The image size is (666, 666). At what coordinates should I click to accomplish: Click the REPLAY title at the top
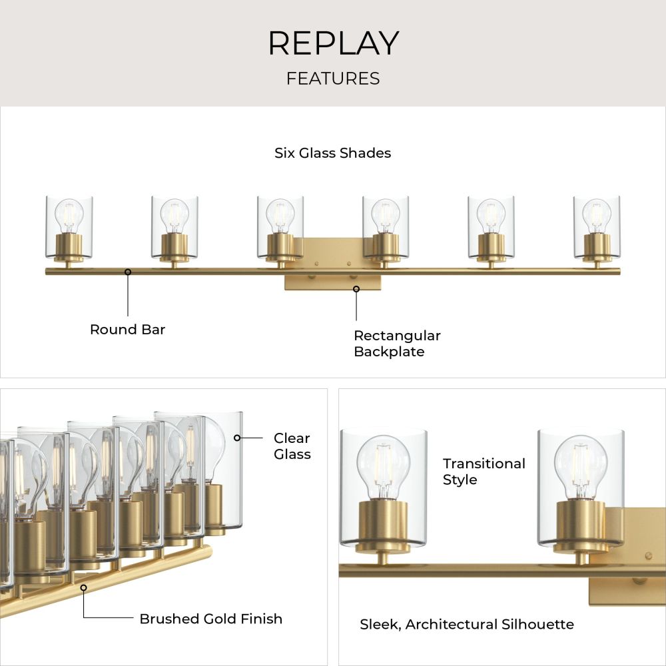[x=334, y=43]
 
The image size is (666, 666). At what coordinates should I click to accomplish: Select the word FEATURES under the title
[x=333, y=79]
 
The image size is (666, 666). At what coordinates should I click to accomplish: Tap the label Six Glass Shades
[x=332, y=153]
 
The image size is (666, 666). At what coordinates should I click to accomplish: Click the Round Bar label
[x=127, y=329]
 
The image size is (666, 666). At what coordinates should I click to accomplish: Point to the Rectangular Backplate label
[x=397, y=344]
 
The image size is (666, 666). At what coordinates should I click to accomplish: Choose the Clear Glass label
[x=292, y=446]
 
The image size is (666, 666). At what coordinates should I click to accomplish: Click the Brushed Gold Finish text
[x=210, y=619]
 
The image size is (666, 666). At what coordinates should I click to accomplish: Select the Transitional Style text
[x=484, y=472]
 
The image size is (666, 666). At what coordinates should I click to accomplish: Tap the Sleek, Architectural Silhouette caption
[x=467, y=625]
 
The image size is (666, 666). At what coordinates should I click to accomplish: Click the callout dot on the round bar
[x=128, y=272]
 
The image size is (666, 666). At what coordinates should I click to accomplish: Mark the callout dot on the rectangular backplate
[x=356, y=289]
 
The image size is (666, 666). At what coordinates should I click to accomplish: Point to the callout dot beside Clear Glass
[x=237, y=438]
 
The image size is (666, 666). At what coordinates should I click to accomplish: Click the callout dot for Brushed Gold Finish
[x=84, y=588]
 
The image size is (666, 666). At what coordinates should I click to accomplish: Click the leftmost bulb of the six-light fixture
[x=69, y=216]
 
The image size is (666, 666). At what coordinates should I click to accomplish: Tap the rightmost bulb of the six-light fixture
[x=597, y=216]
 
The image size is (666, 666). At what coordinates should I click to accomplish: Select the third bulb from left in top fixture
[x=280, y=216]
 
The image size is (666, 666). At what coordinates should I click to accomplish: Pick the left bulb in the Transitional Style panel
[x=384, y=468]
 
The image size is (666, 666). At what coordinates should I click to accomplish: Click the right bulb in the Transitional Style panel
[x=581, y=468]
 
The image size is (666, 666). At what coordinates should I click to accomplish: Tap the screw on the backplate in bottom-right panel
[x=648, y=555]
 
